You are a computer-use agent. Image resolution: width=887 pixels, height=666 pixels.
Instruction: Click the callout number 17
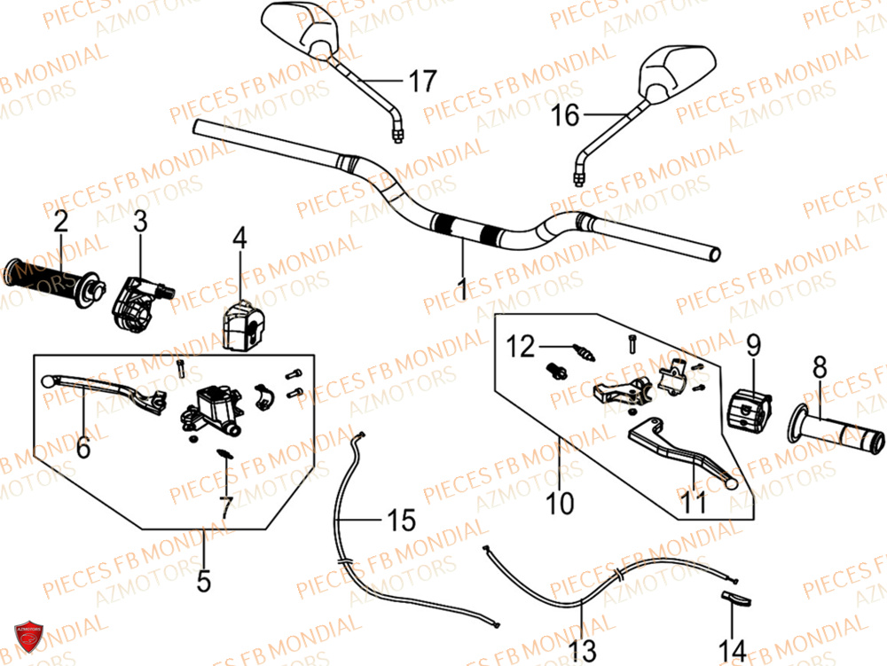(x=422, y=82)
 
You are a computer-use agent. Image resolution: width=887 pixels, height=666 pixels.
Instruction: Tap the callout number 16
(x=565, y=114)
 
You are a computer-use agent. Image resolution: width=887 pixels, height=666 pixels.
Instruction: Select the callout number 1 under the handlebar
(x=462, y=286)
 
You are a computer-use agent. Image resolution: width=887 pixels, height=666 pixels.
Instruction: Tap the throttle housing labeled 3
(x=137, y=299)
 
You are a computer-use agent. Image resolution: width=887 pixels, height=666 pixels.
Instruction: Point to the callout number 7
(x=225, y=507)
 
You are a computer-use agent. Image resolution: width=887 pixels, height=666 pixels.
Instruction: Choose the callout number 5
(x=204, y=581)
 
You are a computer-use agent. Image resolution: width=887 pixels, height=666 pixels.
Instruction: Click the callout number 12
(x=522, y=347)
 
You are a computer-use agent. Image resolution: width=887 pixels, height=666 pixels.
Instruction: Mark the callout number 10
(x=561, y=504)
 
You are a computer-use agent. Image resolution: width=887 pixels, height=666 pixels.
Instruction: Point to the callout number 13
(x=582, y=650)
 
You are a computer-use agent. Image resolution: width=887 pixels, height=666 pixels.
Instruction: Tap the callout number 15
(x=402, y=520)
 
